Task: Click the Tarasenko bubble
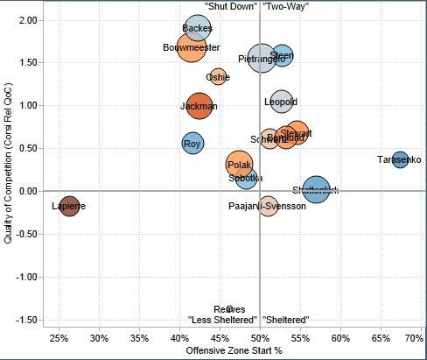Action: [x=400, y=159]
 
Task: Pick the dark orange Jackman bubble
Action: [x=199, y=106]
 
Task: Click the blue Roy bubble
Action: [x=193, y=143]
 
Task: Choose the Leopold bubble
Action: [x=281, y=102]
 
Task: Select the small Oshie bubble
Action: [x=218, y=77]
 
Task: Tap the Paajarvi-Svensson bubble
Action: [x=268, y=207]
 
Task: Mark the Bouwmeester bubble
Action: [x=192, y=47]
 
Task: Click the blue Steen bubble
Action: [x=282, y=56]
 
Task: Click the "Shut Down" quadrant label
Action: [x=230, y=6]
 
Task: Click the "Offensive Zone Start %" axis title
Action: [x=234, y=351]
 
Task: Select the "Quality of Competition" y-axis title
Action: [x=9, y=162]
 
